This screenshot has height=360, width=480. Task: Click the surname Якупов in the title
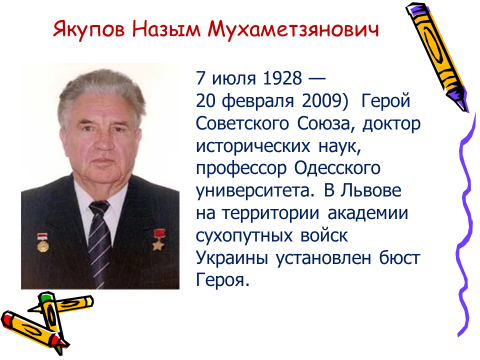89,29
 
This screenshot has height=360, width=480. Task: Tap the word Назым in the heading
166,29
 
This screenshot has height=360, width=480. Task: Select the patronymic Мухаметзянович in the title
293,29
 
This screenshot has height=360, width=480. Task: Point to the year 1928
282,78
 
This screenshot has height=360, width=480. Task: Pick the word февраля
258,101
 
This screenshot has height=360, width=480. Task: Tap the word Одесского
337,168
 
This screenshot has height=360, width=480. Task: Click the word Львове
371,190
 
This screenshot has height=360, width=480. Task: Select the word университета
255,191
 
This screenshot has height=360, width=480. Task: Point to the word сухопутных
244,236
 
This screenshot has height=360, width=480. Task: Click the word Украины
232,258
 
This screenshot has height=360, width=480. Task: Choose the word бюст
400,257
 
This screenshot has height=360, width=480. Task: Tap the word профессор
241,169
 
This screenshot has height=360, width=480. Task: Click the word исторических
253,146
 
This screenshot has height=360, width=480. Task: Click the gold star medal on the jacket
158,240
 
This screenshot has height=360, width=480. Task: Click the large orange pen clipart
437,57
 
